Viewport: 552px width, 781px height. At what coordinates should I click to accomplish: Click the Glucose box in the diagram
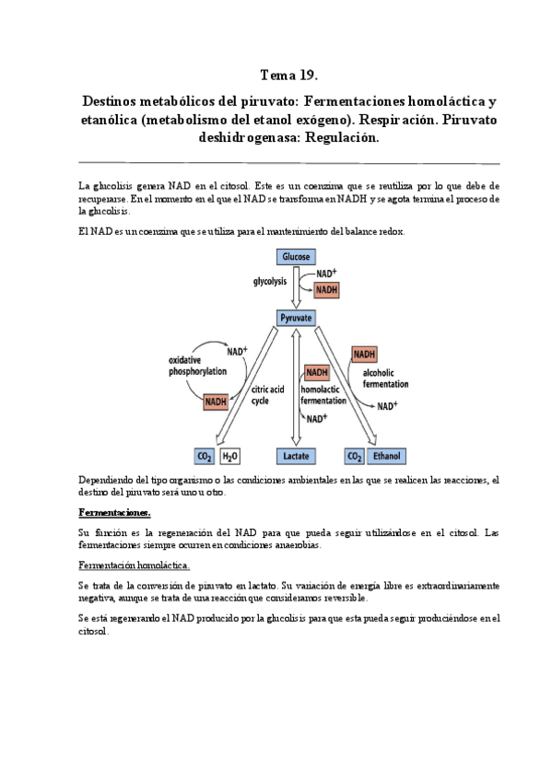point(296,257)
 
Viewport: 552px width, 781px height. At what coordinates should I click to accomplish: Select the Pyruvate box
point(296,318)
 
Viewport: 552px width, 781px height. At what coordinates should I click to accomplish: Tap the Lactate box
point(296,456)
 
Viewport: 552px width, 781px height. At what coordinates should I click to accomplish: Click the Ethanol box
point(387,456)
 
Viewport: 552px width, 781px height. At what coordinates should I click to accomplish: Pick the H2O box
point(229,456)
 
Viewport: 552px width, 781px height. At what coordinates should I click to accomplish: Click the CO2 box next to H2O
point(205,456)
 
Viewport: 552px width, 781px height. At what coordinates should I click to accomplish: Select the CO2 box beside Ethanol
point(354,456)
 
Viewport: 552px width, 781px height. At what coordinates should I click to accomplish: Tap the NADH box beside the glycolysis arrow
point(327,289)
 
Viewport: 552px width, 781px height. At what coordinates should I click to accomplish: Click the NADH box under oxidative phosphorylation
point(217,400)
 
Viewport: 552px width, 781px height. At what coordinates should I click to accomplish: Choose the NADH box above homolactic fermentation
point(316,372)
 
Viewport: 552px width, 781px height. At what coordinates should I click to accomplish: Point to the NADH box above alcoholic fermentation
point(364,355)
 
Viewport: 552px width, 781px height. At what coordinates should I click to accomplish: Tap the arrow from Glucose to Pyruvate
point(296,287)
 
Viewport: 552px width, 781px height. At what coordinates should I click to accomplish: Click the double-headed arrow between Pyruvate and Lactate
point(295,387)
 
